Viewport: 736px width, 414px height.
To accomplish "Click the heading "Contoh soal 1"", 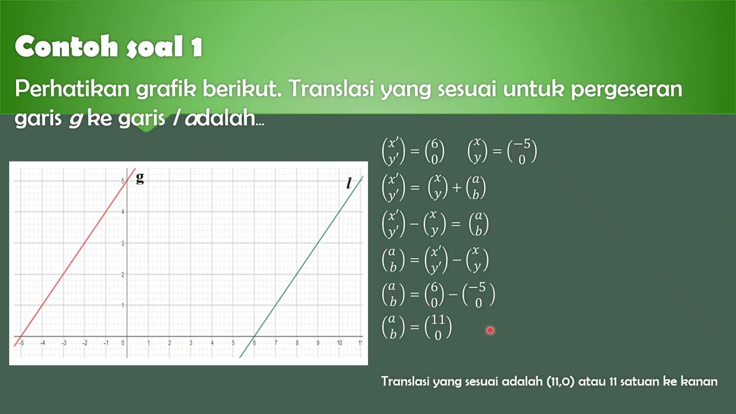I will tap(109, 47).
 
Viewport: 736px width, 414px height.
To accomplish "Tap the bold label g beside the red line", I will tap(140, 178).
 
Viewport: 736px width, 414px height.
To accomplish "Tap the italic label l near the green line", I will tap(348, 183).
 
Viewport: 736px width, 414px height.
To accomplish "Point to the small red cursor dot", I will tap(490, 330).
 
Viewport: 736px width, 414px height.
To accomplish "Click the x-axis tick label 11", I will tap(360, 343).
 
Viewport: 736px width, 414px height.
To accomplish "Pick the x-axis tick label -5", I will tap(21, 343).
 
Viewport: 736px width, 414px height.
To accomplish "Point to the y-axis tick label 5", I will tap(122, 181).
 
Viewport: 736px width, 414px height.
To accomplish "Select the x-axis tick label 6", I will tap(254, 343).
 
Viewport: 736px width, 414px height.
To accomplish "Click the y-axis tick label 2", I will tap(122, 274).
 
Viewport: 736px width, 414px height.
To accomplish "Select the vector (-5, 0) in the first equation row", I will tap(522, 152).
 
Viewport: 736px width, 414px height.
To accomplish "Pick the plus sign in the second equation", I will tap(457, 187).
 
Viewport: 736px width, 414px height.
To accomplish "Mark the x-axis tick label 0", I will tap(122, 343).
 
